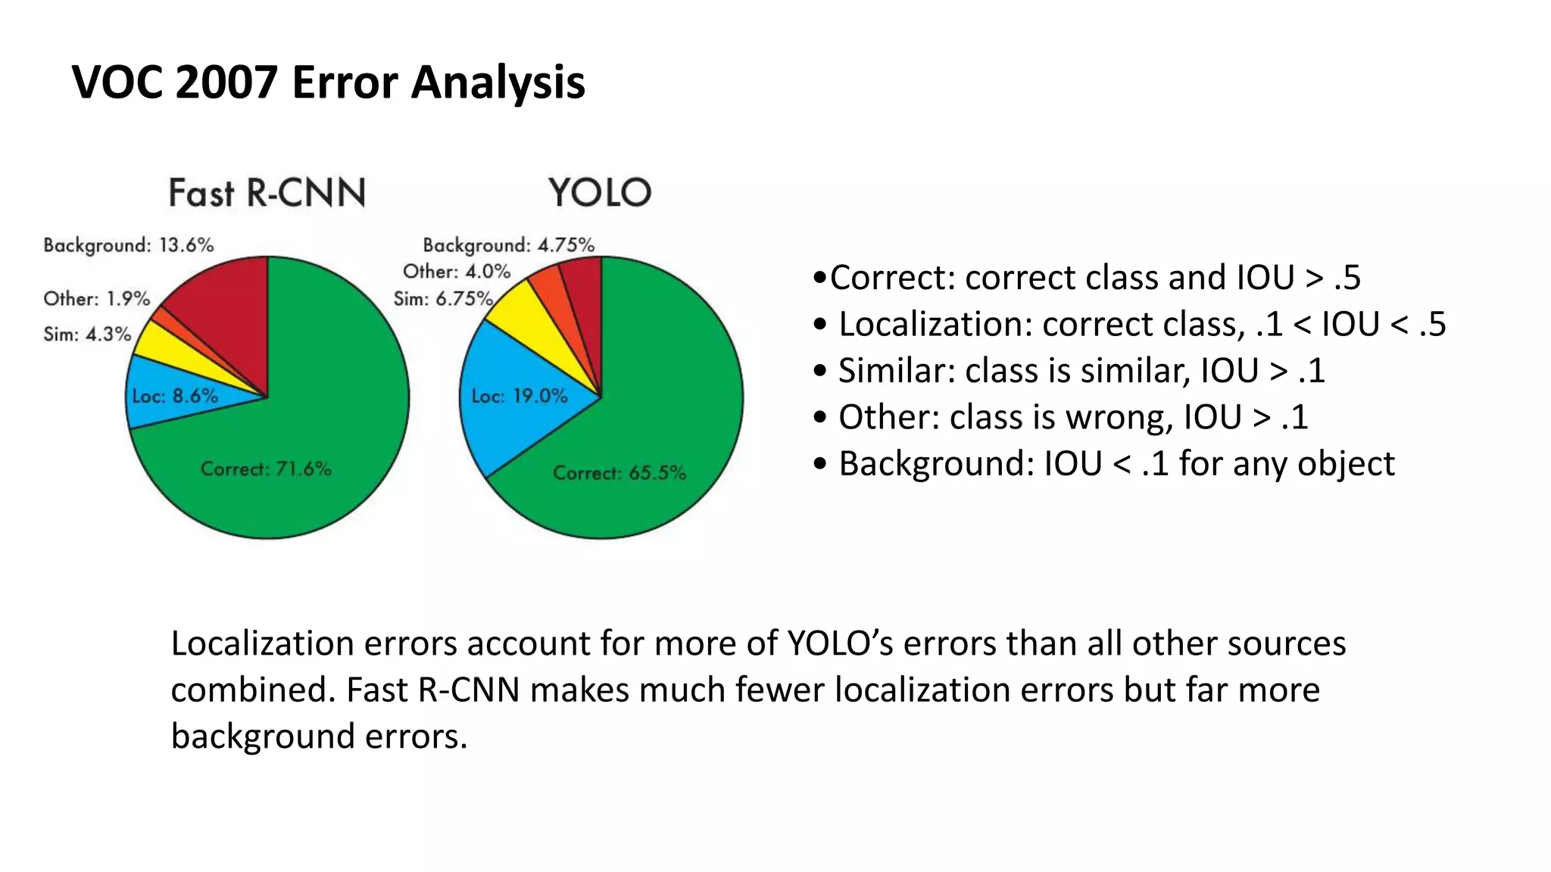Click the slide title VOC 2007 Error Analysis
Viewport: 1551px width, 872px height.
(x=328, y=82)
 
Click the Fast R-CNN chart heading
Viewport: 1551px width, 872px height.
(x=267, y=193)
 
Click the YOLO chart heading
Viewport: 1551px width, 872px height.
(x=600, y=193)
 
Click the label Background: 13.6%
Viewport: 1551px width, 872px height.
(x=129, y=245)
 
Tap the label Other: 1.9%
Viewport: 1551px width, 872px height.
(x=97, y=299)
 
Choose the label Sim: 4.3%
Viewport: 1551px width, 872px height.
(x=87, y=335)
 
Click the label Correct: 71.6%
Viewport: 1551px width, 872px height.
(x=266, y=469)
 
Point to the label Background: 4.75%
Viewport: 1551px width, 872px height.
(x=508, y=245)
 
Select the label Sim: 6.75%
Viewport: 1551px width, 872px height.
(x=443, y=300)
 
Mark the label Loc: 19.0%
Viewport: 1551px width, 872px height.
(x=520, y=396)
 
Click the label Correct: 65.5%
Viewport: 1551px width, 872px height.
(x=619, y=473)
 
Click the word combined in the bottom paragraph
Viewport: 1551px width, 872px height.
(x=252, y=690)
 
